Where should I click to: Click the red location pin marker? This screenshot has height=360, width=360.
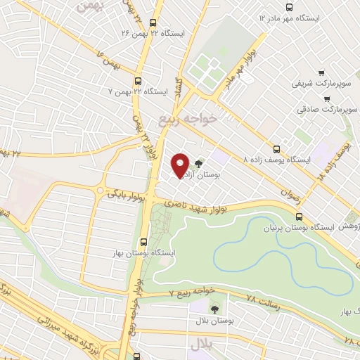[x=180, y=165]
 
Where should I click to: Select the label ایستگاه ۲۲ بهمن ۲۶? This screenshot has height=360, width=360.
[x=173, y=32]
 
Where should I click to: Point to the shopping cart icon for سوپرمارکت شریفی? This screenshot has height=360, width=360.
[x=320, y=72]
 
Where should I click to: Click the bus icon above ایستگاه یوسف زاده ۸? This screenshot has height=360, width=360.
[x=277, y=148]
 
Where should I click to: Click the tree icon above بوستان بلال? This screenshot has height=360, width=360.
[x=214, y=308]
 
